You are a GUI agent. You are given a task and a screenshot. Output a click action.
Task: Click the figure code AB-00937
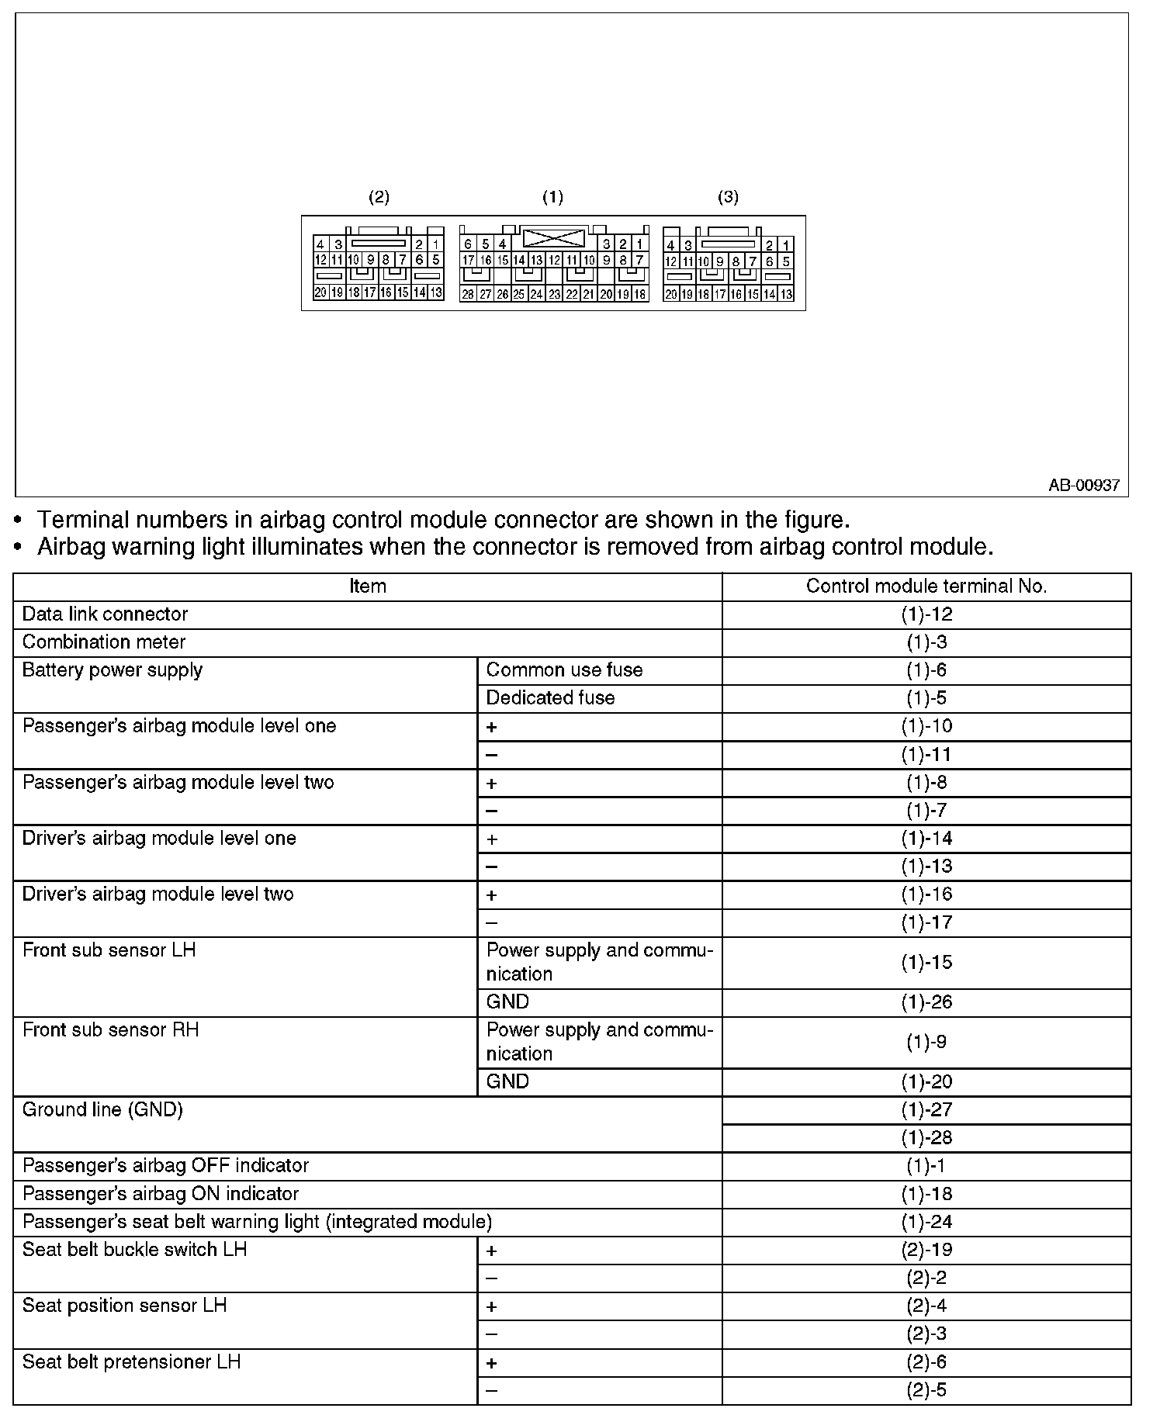1083,485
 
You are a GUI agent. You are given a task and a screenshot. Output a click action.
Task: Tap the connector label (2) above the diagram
379,197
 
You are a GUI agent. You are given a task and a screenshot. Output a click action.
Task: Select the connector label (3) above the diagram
728,197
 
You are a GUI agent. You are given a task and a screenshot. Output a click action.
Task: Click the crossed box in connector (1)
554,237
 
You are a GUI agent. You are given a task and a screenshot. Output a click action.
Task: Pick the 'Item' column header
368,586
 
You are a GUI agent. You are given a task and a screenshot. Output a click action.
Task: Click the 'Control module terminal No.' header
926,586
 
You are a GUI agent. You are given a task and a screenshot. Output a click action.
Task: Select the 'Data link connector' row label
105,614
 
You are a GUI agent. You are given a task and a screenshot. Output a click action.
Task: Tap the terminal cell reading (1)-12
926,614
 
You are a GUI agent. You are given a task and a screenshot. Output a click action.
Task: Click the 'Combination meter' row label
104,642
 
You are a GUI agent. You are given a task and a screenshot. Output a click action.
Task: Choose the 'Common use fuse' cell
564,670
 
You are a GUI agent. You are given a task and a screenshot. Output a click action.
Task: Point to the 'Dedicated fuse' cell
550,698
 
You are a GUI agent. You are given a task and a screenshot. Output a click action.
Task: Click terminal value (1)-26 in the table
926,1002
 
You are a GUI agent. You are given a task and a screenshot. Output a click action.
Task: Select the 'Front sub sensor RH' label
110,1030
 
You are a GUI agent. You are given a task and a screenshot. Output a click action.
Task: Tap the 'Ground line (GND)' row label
102,1110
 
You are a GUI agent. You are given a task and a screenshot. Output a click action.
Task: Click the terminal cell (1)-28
926,1138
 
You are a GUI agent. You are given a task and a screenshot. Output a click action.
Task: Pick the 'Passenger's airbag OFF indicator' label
165,1166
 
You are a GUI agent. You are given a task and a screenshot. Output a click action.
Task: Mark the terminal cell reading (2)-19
926,1250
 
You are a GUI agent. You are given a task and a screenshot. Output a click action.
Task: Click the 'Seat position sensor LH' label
124,1306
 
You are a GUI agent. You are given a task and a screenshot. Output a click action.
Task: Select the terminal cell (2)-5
926,1390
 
